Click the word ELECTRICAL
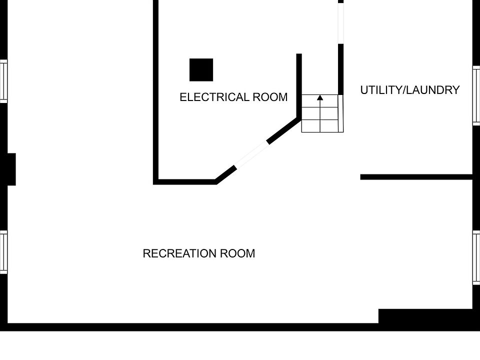click(214, 97)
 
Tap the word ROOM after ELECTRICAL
click(270, 97)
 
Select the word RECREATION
click(177, 253)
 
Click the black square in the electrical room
click(201, 70)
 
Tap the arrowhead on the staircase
click(320, 97)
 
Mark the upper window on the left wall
click(3, 81)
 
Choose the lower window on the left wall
click(3, 252)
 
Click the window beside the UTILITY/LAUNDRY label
click(476, 95)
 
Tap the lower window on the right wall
click(476, 258)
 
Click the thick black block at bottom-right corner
click(425, 316)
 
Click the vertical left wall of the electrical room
click(155, 90)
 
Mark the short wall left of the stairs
click(299, 85)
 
